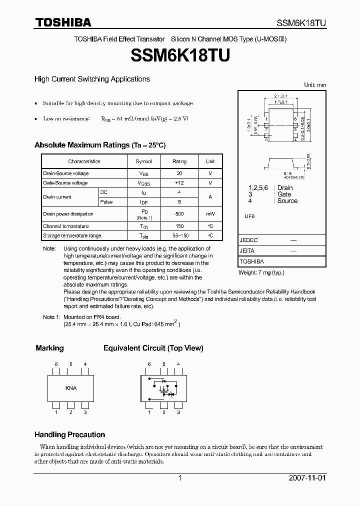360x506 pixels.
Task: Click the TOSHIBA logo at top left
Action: click(x=62, y=22)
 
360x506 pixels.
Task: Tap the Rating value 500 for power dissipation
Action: click(x=179, y=214)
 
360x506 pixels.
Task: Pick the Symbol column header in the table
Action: click(x=143, y=161)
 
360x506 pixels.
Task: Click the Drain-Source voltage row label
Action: click(x=66, y=173)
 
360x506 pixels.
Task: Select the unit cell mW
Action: click(x=210, y=214)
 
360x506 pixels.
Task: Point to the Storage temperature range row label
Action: click(x=72, y=235)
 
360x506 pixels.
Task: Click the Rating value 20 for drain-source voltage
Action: click(x=179, y=173)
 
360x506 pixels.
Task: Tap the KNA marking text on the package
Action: click(x=71, y=388)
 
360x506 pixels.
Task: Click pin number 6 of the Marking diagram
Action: click(x=56, y=364)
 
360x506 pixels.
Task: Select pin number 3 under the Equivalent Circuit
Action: click(x=178, y=412)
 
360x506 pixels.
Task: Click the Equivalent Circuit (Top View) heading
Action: click(x=153, y=348)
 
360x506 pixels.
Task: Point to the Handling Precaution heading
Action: click(x=69, y=434)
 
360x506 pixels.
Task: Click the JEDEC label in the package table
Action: click(x=249, y=240)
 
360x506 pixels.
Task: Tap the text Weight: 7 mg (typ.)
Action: click(x=261, y=272)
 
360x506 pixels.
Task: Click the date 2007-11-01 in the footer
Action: click(x=307, y=478)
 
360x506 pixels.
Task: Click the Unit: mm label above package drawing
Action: click(x=314, y=85)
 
